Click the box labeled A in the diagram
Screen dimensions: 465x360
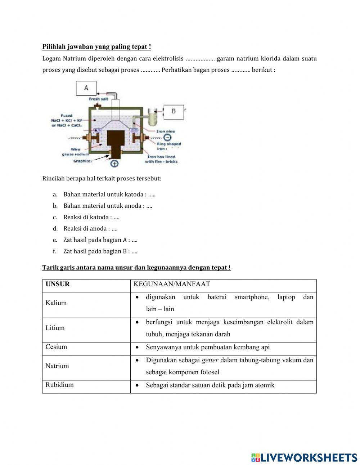(x=86, y=88)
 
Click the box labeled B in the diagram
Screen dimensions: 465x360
(x=174, y=112)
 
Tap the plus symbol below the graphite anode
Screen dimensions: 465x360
(x=114, y=164)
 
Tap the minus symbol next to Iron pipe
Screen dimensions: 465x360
(x=168, y=138)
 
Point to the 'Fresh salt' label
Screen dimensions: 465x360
(x=99, y=99)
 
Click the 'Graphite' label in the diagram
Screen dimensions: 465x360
(x=82, y=161)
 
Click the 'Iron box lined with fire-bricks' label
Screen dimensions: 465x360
(x=161, y=159)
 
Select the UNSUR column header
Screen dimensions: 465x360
(x=58, y=284)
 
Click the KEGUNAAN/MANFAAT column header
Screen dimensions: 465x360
(x=172, y=284)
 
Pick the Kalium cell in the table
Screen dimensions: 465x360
(x=56, y=303)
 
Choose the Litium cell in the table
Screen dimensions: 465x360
(x=55, y=328)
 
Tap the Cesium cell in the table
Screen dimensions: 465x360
(x=56, y=347)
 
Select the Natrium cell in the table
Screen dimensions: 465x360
(x=57, y=366)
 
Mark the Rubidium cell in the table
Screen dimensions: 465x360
(x=59, y=385)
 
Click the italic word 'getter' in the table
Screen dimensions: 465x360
(x=210, y=360)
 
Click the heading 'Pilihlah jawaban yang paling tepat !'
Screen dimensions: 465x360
(x=96, y=47)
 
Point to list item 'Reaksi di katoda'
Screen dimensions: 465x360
(x=91, y=217)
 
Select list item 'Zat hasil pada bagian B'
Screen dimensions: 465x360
(x=100, y=251)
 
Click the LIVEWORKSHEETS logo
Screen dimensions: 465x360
(x=304, y=457)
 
